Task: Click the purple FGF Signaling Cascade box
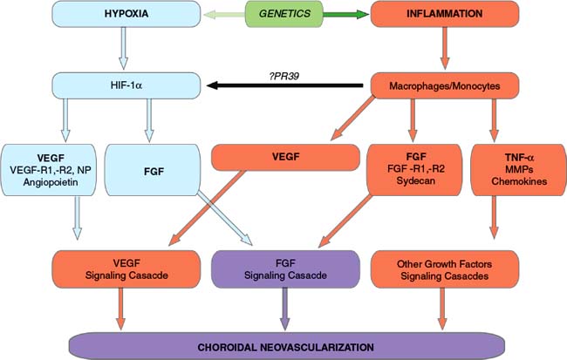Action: point(286,269)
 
